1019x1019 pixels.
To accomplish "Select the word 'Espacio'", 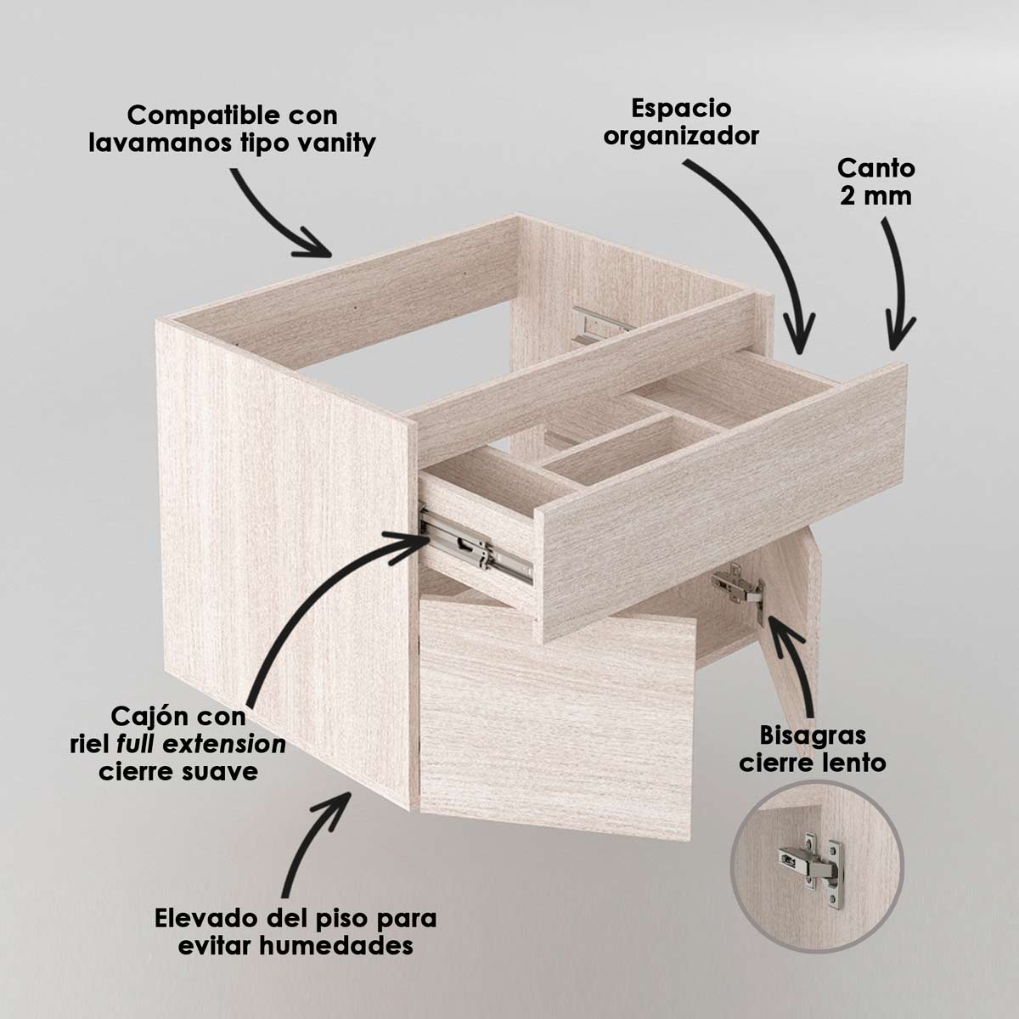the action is point(681,109).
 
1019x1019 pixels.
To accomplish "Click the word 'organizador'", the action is point(681,136).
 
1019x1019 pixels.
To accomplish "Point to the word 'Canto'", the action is point(875,169).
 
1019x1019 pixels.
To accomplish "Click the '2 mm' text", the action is point(875,196).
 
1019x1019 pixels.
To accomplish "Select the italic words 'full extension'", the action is point(201,745).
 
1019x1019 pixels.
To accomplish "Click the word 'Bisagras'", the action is point(814,735).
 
